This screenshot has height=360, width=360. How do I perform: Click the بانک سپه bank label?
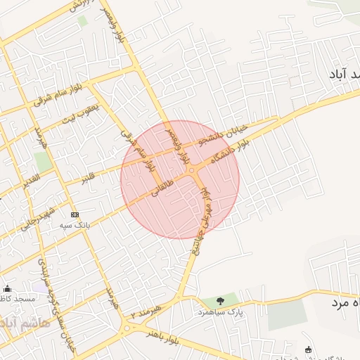pos(75,224)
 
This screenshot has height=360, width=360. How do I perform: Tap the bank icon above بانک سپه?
pos(75,214)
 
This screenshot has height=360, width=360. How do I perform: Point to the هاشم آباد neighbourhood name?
pos(25,323)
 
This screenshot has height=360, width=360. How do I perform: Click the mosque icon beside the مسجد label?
pos(7,288)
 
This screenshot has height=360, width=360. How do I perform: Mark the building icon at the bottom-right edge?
pos(308,349)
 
